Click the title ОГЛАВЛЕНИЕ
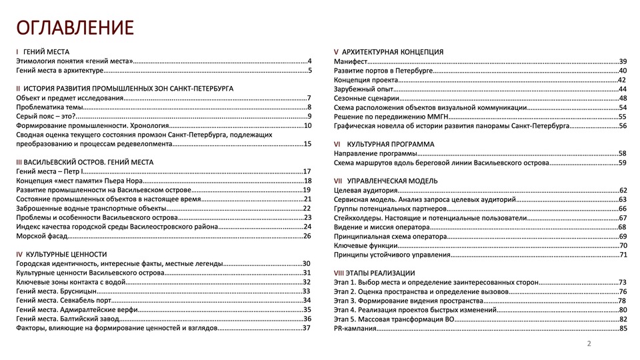[75, 27]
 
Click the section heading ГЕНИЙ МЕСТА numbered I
[46, 52]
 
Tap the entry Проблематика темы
[50, 107]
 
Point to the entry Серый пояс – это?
[46, 117]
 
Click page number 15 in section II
[307, 144]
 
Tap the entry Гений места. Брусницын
[57, 291]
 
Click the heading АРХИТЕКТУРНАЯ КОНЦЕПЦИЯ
[393, 52]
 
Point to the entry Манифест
[351, 61]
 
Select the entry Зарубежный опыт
[363, 89]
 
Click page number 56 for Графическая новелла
[623, 126]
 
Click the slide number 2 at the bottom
[589, 344]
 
